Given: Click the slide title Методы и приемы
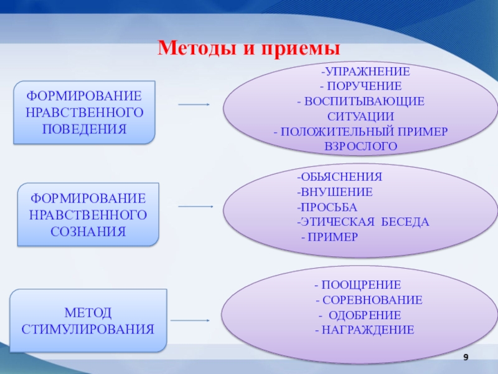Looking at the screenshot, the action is pos(249,47).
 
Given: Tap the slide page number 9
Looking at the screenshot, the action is pos(464,356).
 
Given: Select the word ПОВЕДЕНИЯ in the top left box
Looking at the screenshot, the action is pos(85,129).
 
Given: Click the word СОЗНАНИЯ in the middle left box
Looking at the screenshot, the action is pos(89,231).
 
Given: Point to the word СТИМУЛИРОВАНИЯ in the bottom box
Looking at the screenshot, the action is pos(88,328).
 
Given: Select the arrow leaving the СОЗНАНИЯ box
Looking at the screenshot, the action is pos(196,206).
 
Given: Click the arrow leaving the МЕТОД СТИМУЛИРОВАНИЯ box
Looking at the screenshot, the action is pos(189,320).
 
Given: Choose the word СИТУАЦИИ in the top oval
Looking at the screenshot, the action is pos(360,116).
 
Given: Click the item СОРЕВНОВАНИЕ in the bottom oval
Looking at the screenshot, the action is pos(372,300).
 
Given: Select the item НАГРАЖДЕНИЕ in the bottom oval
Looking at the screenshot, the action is pos(367,330).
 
